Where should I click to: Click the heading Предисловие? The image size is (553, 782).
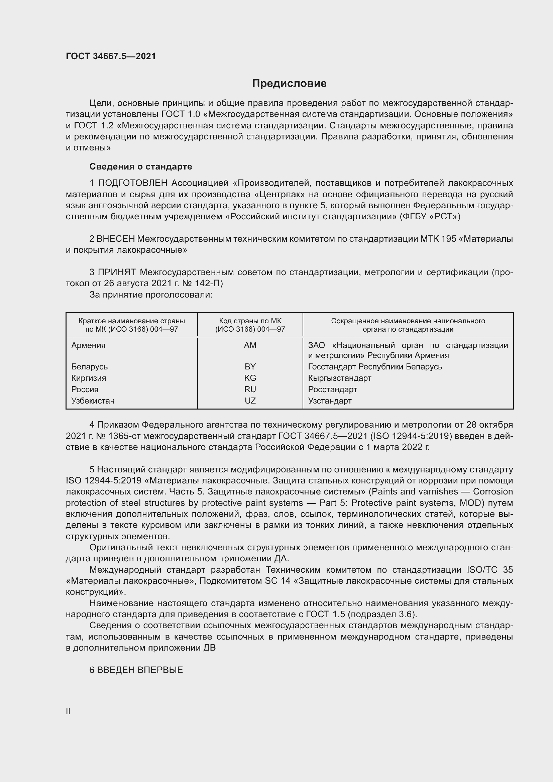289,84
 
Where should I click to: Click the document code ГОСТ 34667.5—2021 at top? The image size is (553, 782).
111,56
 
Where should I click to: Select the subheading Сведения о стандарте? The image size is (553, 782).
141,166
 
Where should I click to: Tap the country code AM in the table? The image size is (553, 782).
250,345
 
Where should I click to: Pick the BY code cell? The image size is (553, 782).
250,367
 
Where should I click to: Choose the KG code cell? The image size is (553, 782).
250,378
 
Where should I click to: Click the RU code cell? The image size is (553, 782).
250,389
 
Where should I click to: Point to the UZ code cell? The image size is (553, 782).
250,401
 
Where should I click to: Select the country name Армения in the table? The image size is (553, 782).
88,345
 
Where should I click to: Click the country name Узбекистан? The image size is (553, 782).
93,401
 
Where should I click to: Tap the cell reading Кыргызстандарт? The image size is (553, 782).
339,378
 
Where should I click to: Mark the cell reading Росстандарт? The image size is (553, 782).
332,389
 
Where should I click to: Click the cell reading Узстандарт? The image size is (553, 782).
330,401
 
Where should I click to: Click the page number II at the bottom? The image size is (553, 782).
68,711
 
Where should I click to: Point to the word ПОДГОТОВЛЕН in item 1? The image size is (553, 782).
133,183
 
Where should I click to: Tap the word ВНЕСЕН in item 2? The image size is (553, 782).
116,239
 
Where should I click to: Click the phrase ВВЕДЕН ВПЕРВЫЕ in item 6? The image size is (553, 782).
140,670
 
